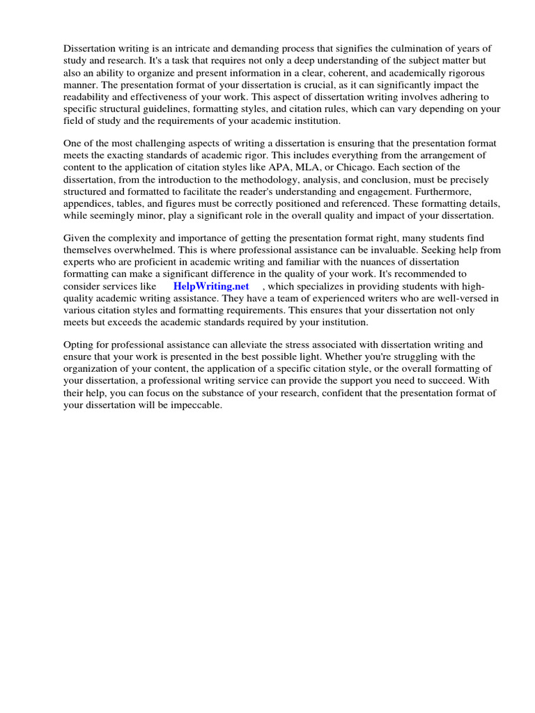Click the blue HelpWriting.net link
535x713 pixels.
pyautogui.click(x=211, y=286)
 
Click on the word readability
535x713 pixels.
pyautogui.click(x=90, y=97)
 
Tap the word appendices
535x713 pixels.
pyautogui.click(x=90, y=203)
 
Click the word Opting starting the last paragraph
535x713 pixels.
pyautogui.click(x=78, y=345)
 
